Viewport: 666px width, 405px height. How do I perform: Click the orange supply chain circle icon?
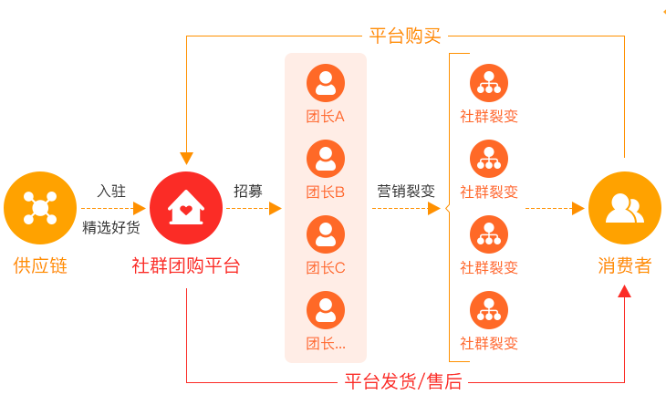tap(40, 208)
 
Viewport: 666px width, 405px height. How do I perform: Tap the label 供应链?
tap(40, 265)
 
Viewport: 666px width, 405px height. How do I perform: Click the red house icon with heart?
tap(186, 208)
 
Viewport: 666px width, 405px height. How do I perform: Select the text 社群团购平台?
tap(186, 265)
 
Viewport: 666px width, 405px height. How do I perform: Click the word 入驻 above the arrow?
tap(111, 191)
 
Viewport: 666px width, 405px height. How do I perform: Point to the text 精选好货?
tap(111, 227)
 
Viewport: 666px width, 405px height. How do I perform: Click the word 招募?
tap(248, 191)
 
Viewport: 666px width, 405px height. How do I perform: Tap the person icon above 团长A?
tap(326, 83)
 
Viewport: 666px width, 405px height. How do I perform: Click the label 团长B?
tap(326, 192)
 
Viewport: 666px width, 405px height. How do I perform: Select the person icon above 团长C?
tap(326, 234)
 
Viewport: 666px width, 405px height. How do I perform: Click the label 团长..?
tap(326, 344)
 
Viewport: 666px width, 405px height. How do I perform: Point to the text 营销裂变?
tap(406, 191)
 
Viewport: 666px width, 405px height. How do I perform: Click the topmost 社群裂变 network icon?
tap(489, 83)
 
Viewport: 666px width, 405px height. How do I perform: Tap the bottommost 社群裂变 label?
tap(489, 344)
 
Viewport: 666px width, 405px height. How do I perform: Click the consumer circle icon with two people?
tap(624, 208)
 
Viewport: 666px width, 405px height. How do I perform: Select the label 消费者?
tap(624, 265)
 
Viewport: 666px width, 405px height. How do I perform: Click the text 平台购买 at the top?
tap(405, 36)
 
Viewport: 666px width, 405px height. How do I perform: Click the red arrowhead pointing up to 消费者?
tap(624, 291)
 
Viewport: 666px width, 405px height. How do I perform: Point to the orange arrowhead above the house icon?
tap(186, 158)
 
